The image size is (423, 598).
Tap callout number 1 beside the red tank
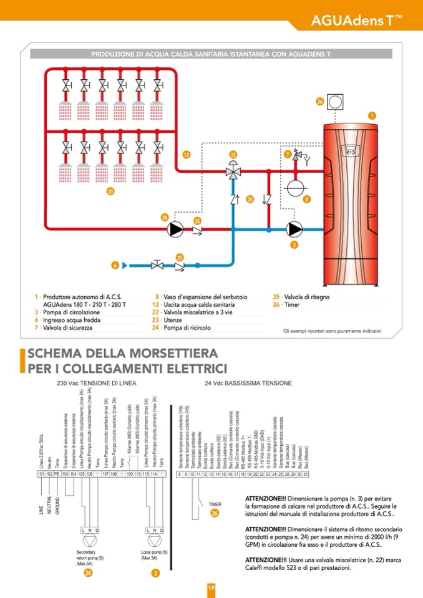[x=372, y=115]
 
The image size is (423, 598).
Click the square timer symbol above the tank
[x=336, y=101]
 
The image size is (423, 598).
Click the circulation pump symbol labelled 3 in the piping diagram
[x=294, y=229]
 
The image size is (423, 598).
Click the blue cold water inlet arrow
[x=125, y=266]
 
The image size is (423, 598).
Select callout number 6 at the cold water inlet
[x=115, y=266]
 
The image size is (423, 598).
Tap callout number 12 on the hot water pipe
[x=187, y=153]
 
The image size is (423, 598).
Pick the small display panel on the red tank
[x=350, y=151]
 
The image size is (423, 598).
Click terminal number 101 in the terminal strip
[x=41, y=474]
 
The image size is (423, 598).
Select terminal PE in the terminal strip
[x=56, y=474]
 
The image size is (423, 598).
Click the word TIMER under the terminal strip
[x=215, y=504]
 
